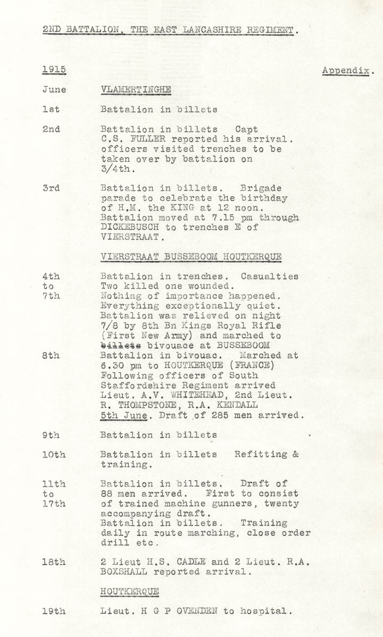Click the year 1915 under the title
(x=54, y=70)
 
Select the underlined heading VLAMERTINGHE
(x=136, y=90)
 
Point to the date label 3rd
(x=51, y=188)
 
